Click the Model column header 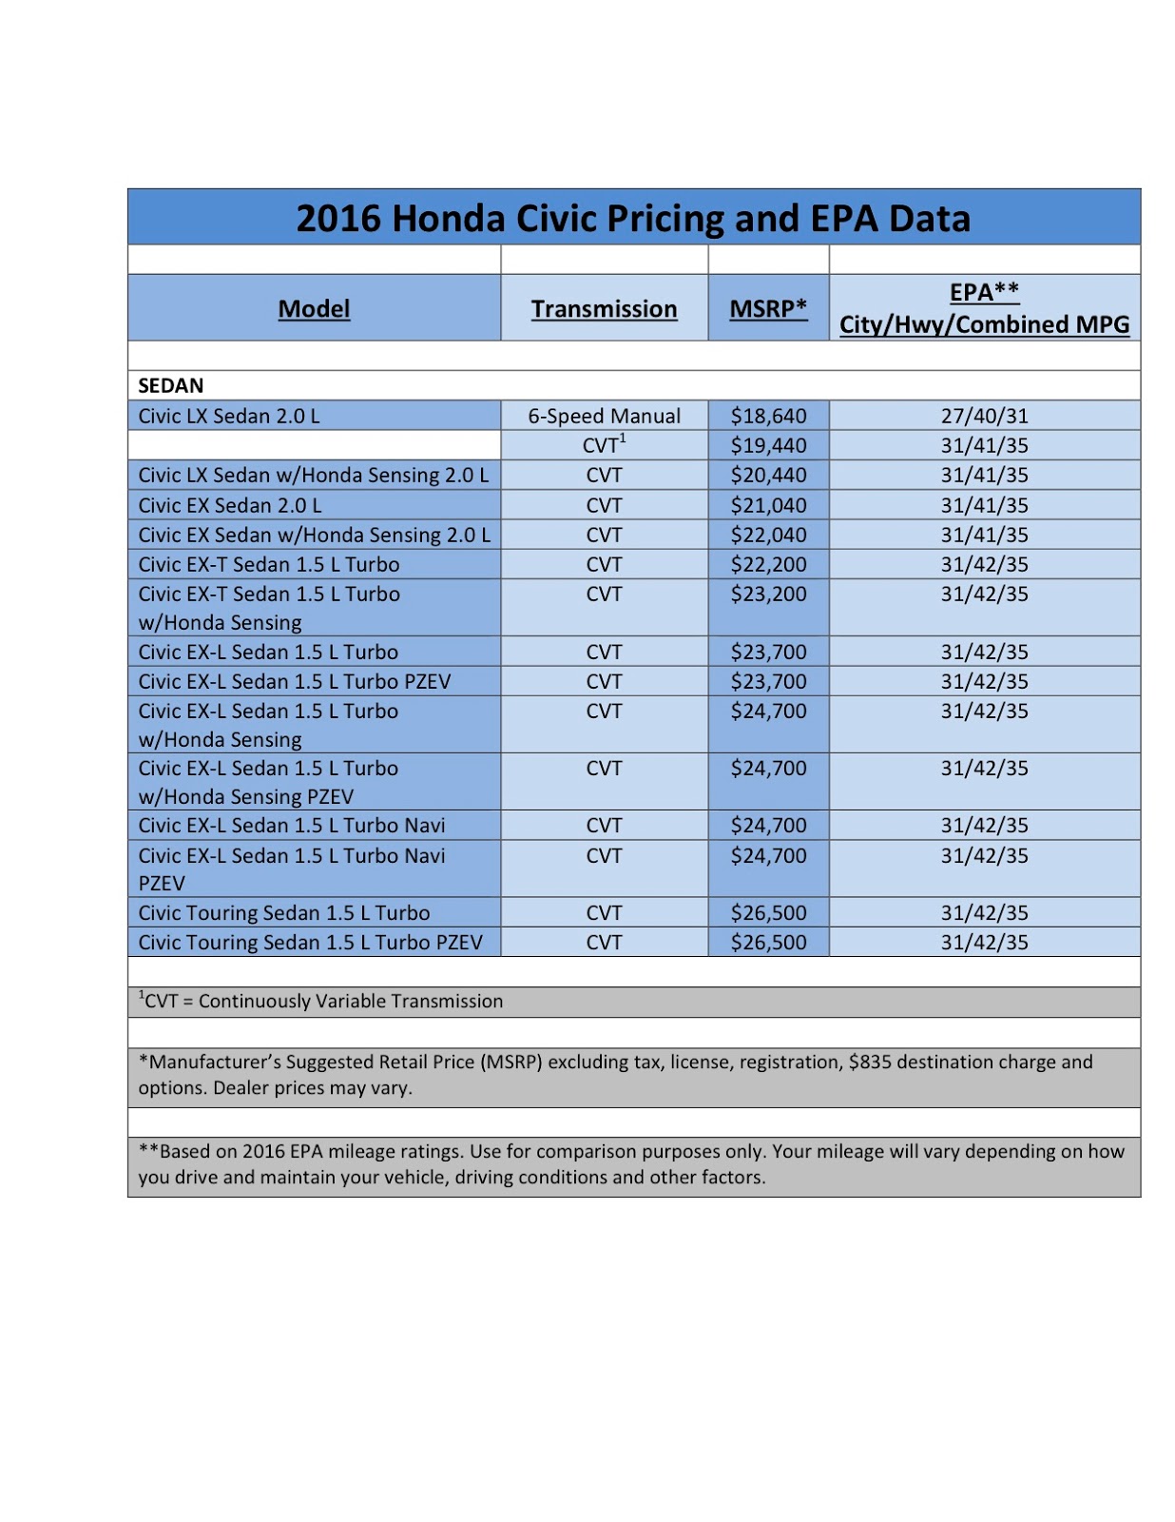pos(314,309)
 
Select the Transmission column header pos(604,309)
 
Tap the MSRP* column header pos(768,308)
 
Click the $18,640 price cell pos(768,416)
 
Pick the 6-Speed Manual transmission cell pos(604,416)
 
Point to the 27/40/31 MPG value pos(984,416)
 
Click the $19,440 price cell pos(768,445)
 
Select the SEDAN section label pos(171,385)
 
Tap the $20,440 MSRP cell pos(768,475)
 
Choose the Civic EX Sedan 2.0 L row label pos(230,505)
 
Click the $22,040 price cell pos(768,535)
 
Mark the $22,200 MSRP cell pos(768,564)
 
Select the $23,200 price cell pos(768,594)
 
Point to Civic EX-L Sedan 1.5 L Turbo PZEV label pos(295,681)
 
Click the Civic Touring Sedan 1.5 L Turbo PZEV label pos(310,942)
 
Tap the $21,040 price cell pos(768,505)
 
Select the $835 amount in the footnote pos(870,1062)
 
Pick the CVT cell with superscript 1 pos(604,445)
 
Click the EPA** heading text pos(984,292)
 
